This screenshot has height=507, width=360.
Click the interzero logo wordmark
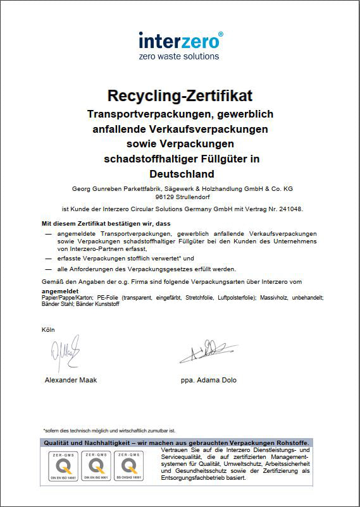point(180,41)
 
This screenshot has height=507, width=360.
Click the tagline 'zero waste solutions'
point(179,56)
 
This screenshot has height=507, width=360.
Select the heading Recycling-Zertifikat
point(180,96)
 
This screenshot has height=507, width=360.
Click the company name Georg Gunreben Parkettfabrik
point(114,188)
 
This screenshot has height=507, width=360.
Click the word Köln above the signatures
point(49,329)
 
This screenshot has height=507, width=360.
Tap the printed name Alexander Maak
point(71,380)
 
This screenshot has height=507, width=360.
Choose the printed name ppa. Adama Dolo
point(209,380)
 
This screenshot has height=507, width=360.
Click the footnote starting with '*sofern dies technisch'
point(109,430)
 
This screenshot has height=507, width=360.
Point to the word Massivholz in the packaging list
point(276,297)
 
